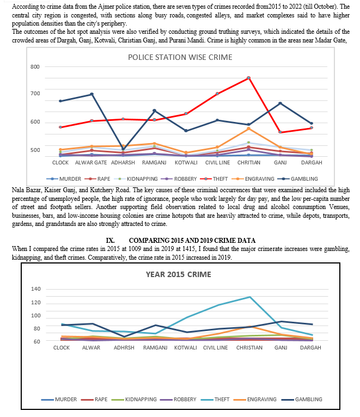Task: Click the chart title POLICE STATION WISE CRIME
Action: pos(180,57)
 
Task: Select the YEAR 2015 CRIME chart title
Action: pos(178,274)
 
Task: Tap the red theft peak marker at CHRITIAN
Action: pos(248,78)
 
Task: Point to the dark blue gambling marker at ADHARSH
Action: pos(123,149)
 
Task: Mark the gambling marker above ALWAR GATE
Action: pos(91,94)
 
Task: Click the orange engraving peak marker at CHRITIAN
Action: pos(248,128)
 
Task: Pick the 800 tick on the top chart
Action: pos(35,67)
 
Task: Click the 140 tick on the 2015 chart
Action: pos(36,289)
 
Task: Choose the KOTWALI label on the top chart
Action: pos(186,162)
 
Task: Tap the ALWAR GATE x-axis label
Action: pos(91,162)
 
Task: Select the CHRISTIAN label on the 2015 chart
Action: pos(249,347)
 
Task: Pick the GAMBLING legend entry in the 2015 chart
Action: pos(302,399)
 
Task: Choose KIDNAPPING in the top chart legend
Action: pos(136,179)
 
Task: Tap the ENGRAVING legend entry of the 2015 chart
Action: pos(255,399)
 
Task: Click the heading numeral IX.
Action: pos(110,241)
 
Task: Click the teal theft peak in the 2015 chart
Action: pos(249,297)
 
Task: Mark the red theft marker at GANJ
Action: pos(280,132)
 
